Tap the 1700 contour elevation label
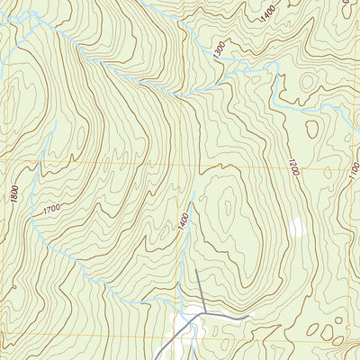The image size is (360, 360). coord(51,210)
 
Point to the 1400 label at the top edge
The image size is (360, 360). coord(267,13)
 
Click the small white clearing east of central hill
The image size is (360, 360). coord(296,228)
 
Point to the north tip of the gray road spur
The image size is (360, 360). coord(196,270)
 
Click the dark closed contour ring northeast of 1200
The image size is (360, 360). coord(311,129)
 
